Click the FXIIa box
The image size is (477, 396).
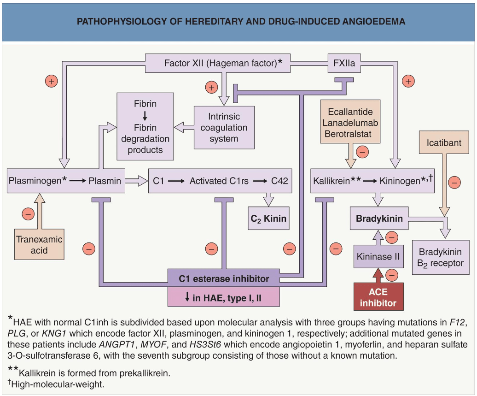click(344, 63)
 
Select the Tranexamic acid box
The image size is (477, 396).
click(39, 244)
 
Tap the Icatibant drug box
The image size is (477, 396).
click(444, 142)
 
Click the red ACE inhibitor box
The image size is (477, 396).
click(378, 297)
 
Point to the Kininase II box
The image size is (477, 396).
click(378, 256)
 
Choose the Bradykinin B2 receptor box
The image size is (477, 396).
click(441, 257)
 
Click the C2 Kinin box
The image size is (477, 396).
click(268, 219)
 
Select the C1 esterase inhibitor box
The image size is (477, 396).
click(224, 278)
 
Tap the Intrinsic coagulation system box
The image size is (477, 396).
click(224, 128)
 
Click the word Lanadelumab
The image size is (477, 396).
click(350, 123)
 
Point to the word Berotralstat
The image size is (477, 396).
click(348, 134)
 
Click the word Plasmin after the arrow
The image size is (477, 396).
click(105, 181)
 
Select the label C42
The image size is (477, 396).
click(279, 181)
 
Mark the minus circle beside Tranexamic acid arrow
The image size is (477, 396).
click(28, 214)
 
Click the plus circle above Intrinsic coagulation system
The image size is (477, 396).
click(211, 88)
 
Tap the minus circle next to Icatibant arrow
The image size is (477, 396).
click(454, 183)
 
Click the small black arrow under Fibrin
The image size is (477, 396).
click(145, 116)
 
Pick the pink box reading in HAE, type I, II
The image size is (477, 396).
click(224, 297)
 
